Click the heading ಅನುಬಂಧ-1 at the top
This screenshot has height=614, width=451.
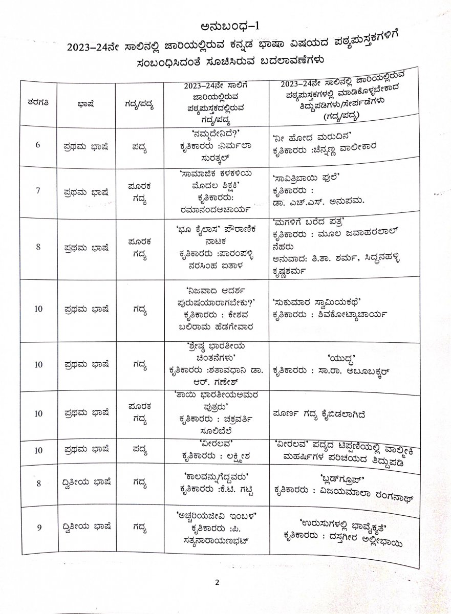click(226, 27)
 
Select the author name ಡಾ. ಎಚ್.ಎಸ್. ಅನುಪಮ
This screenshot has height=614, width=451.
click(319, 201)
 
